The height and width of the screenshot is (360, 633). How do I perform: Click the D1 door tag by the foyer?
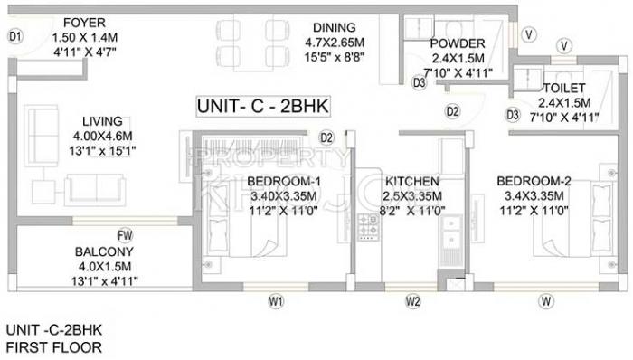pyautogui.click(x=15, y=37)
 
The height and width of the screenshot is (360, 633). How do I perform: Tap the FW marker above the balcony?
pyautogui.click(x=125, y=235)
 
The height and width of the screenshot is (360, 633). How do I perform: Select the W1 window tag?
pyautogui.click(x=276, y=301)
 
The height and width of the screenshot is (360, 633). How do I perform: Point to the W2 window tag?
pyautogui.click(x=412, y=301)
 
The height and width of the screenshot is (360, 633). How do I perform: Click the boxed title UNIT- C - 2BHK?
pyautogui.click(x=263, y=107)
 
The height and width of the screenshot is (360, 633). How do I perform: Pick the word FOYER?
pyautogui.click(x=84, y=23)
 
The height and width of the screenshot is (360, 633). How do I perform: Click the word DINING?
pyautogui.click(x=335, y=27)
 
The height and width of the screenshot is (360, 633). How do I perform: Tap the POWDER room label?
pyautogui.click(x=458, y=43)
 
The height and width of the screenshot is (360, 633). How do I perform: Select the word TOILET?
pyautogui.click(x=564, y=88)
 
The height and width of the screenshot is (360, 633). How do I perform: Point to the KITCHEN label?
pyautogui.click(x=411, y=181)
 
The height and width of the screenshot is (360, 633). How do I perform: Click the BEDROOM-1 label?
pyautogui.click(x=284, y=181)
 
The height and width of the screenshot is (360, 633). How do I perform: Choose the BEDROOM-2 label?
pyautogui.click(x=534, y=181)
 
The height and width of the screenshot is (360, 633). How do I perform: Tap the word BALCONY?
pyautogui.click(x=104, y=251)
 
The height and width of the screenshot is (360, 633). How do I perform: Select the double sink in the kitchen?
pyautogui.click(x=451, y=233)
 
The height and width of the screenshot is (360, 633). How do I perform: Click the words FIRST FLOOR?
pyautogui.click(x=53, y=347)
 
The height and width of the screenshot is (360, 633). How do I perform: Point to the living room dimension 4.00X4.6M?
pyautogui.click(x=102, y=136)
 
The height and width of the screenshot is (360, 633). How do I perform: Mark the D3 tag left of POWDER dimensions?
pyautogui.click(x=419, y=82)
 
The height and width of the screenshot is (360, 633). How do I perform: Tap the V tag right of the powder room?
pyautogui.click(x=528, y=34)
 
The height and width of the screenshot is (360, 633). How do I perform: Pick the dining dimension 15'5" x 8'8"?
pyautogui.click(x=335, y=57)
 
